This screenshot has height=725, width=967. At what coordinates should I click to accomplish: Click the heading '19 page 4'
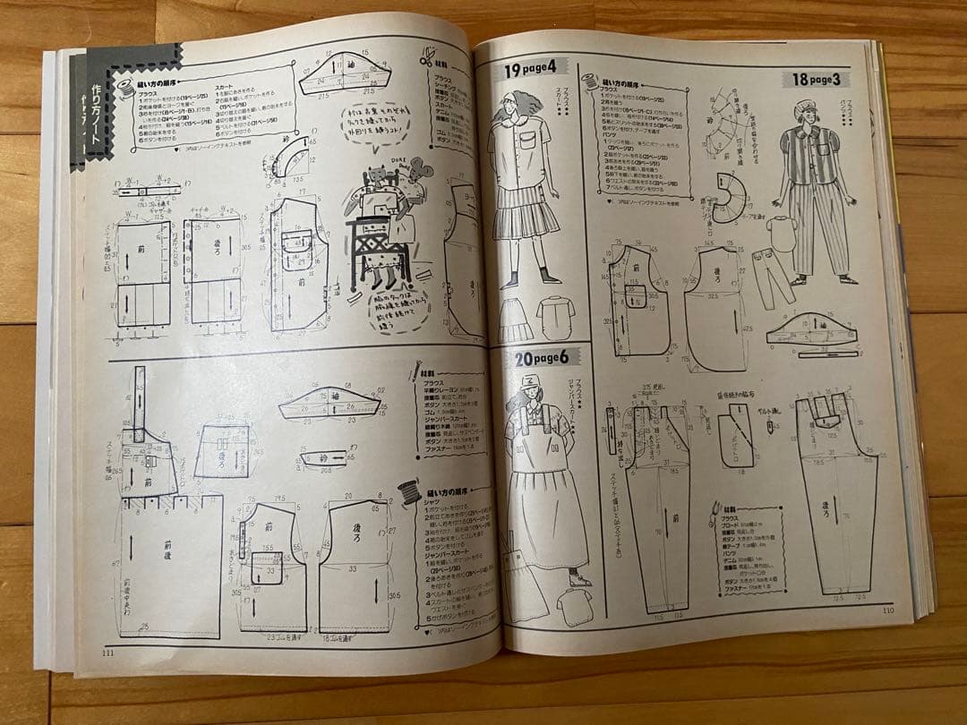pyautogui.click(x=531, y=68)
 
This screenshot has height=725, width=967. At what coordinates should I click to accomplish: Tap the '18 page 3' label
pyautogui.click(x=819, y=79)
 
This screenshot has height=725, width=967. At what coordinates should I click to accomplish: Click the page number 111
pyautogui.click(x=107, y=650)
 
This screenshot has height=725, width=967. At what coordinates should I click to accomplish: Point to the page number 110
pyautogui.click(x=886, y=611)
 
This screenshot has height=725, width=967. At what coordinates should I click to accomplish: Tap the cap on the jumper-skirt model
pyautogui.click(x=530, y=387)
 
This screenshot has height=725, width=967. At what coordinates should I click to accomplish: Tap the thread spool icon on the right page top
pyautogui.click(x=589, y=78)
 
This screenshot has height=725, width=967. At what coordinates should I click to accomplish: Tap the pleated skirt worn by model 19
pyautogui.click(x=526, y=216)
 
